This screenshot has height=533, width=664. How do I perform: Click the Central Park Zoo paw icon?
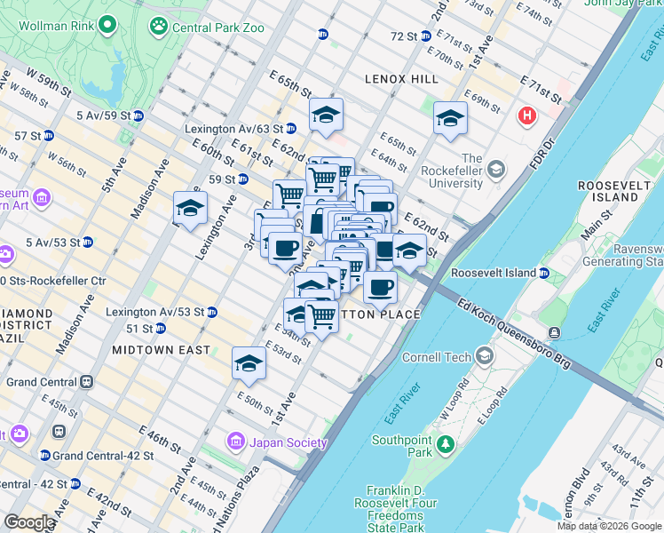coord(158,27)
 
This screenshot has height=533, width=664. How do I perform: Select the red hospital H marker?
coord(528,115)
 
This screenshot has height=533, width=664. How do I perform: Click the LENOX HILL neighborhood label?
coord(401,79)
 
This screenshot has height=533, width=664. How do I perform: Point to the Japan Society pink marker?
coord(236,441)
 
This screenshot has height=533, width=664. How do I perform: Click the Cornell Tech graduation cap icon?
coord(484,356)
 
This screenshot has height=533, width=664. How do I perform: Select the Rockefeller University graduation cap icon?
coord(495,169)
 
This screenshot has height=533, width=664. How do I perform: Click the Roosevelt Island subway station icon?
coord(545,273)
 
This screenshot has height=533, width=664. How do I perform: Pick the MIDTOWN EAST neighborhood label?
coord(162,350)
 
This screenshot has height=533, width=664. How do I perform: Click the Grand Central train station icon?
coord(86,382)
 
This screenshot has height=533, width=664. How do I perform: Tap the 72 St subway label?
coord(404,36)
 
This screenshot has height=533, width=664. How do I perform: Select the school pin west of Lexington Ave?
coord(190,210)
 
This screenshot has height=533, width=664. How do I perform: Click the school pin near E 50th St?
coord(249,362)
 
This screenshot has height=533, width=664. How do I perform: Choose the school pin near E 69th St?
coord(450,118)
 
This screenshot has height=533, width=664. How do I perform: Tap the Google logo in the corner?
coord(28,522)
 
